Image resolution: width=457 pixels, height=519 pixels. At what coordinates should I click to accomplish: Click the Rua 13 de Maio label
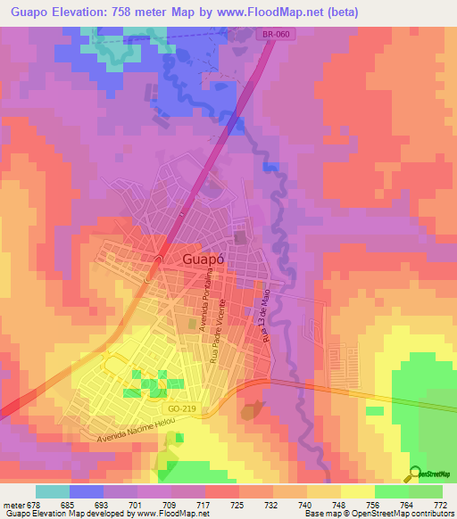264,317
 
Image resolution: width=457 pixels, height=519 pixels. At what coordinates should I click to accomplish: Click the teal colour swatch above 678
53,491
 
